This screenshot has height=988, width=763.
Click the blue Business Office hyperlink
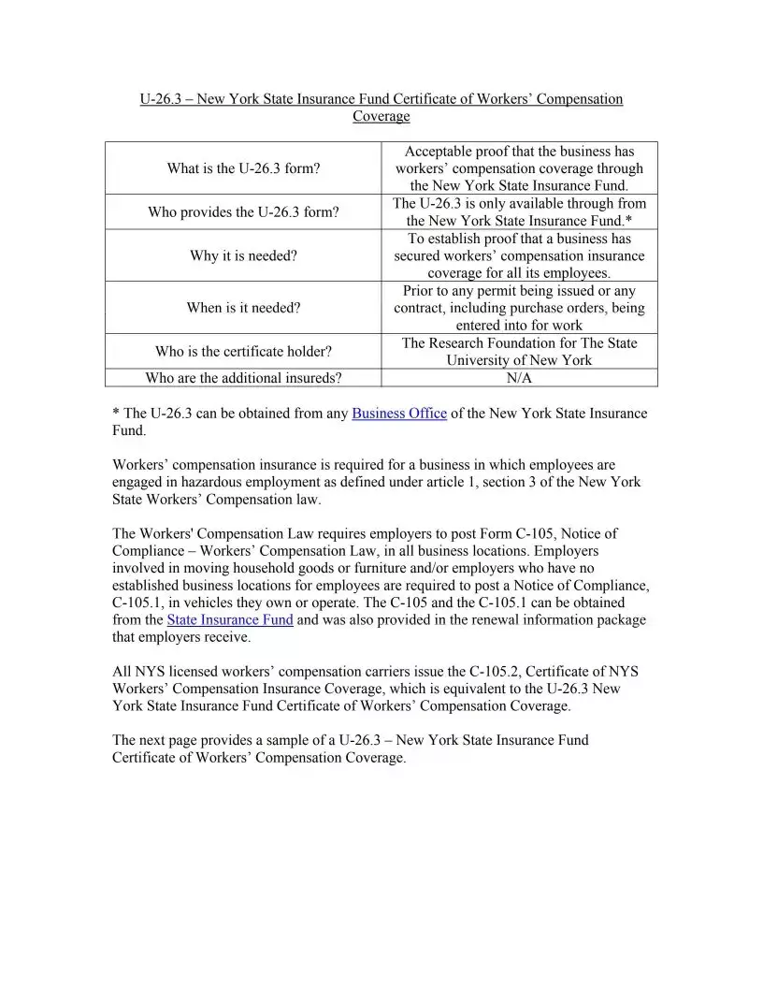(x=399, y=414)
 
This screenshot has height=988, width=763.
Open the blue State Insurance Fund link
(x=230, y=619)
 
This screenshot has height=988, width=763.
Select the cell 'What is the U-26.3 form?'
(x=243, y=168)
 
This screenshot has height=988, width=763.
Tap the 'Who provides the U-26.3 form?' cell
(x=243, y=212)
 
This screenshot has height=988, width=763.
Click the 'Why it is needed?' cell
(x=243, y=255)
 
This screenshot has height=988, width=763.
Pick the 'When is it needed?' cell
(x=243, y=308)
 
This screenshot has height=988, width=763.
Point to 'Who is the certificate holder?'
(x=243, y=352)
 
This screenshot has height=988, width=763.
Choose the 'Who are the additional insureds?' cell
(x=243, y=378)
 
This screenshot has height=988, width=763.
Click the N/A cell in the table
(x=519, y=378)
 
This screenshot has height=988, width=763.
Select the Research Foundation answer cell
(x=519, y=352)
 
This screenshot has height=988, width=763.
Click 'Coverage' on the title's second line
(x=381, y=117)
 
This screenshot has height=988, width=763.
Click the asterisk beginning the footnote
(x=116, y=414)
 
